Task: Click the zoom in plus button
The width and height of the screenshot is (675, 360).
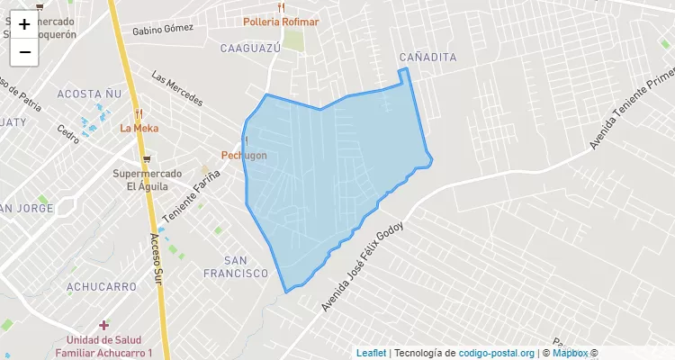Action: coord(24,24)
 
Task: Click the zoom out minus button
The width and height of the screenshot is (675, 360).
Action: coord(24,52)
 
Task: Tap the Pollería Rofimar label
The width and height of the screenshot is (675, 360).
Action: coord(281,22)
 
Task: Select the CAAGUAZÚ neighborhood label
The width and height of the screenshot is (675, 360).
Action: coord(251,47)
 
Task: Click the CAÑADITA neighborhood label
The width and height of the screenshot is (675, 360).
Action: coord(427,58)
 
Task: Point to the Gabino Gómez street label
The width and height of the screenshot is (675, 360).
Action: coord(163,30)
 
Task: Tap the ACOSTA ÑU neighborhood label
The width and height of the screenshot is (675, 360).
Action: coord(88,94)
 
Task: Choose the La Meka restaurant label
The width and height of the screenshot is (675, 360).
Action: coord(139,128)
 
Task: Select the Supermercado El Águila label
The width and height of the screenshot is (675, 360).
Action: coord(148,180)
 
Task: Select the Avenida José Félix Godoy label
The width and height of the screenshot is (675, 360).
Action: coord(364,267)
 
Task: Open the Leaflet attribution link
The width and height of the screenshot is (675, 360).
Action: coord(371,353)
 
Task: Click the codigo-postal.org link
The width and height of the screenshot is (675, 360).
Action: coord(497,353)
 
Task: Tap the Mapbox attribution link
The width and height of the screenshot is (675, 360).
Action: coord(570,353)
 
